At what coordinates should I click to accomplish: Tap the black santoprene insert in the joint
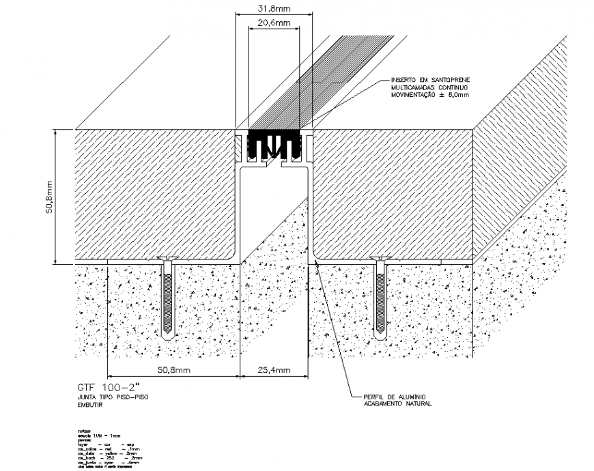274,144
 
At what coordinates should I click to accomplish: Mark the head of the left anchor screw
167,259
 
